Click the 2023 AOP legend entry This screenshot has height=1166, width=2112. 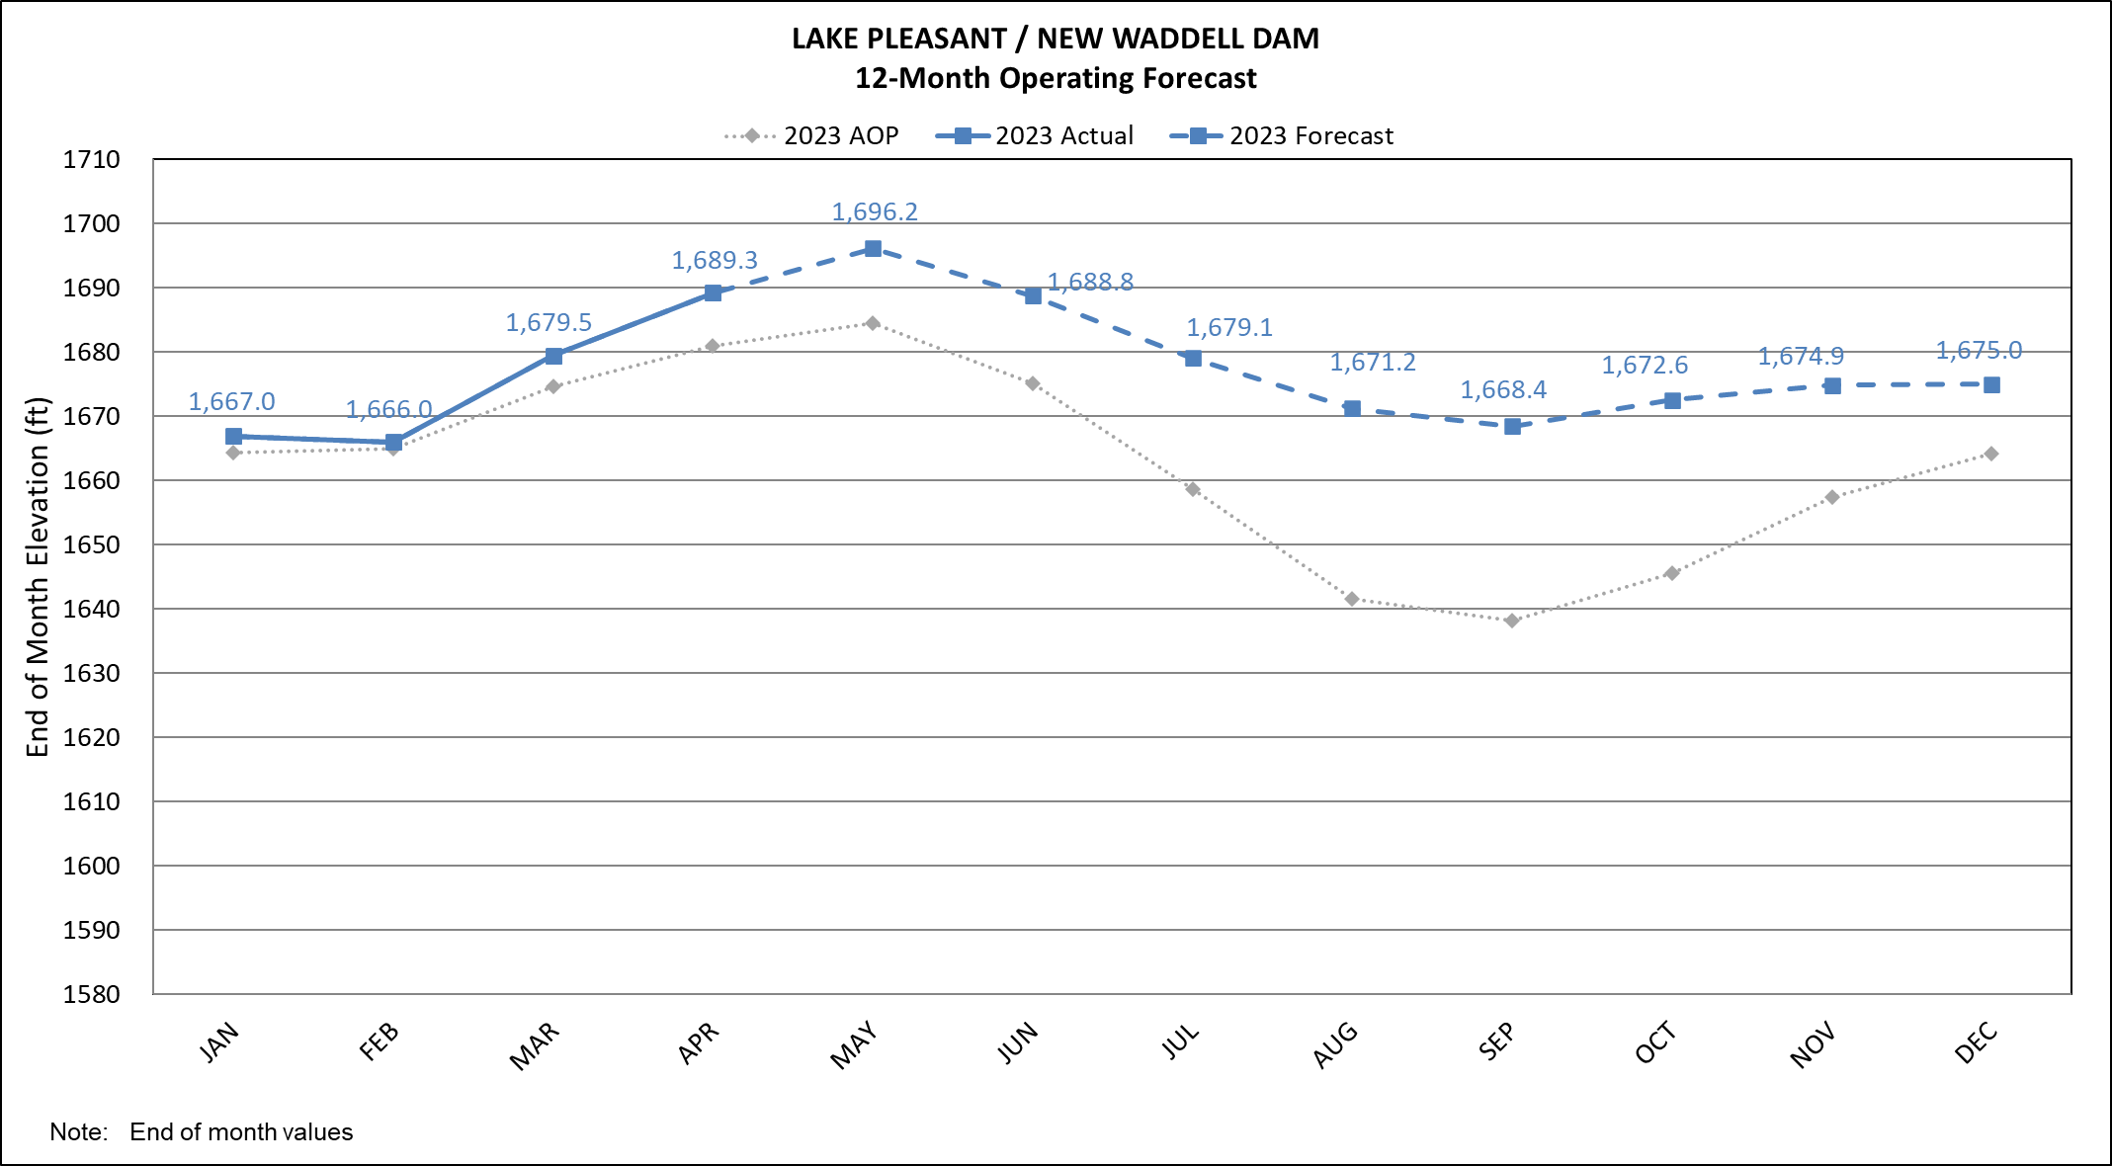coord(811,136)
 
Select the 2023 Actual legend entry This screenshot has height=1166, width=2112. coord(1035,136)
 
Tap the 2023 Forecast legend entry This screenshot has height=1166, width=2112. coord(1282,136)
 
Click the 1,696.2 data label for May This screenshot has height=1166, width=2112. coord(875,212)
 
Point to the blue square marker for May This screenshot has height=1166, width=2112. coord(873,249)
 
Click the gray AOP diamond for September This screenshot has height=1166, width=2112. coord(1512,621)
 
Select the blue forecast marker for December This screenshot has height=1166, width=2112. coord(1991,385)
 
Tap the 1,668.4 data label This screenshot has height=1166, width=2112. coord(1503,390)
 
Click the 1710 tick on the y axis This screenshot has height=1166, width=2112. coord(92,160)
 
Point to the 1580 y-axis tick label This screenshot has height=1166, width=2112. coord(92,995)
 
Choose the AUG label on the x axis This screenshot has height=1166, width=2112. coord(1335,1046)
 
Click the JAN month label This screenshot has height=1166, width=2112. coord(219,1043)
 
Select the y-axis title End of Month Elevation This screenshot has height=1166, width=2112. coord(38,577)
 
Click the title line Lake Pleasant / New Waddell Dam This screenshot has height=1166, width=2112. coord(1056,39)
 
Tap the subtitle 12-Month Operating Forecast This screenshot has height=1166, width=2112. coord(1056,78)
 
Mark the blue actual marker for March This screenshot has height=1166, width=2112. coord(553,356)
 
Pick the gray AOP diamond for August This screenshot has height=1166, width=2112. coord(1352,599)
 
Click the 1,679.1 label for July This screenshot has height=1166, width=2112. coord(1229,328)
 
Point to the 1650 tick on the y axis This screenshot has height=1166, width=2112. coord(92,545)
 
